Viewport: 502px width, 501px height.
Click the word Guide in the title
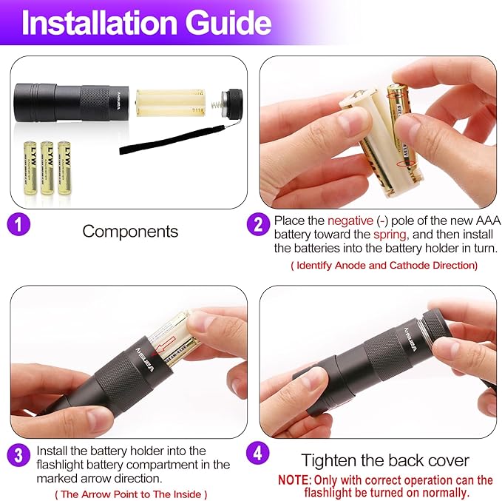(x=230, y=23)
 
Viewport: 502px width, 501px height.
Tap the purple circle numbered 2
(x=257, y=224)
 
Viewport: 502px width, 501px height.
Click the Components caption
(x=130, y=231)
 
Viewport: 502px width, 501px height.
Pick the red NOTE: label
(x=295, y=480)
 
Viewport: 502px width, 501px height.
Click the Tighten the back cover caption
(x=384, y=460)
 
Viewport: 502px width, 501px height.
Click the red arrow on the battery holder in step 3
(x=164, y=342)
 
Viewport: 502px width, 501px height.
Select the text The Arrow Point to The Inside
(x=131, y=494)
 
